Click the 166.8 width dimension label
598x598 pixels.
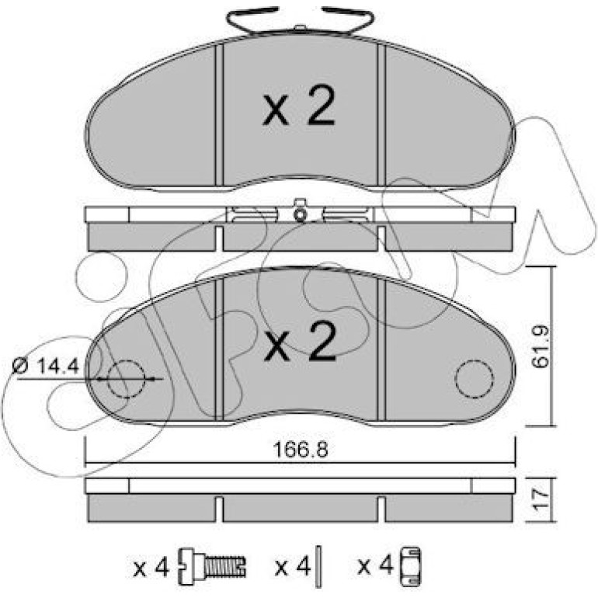301,450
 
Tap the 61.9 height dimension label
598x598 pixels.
541,346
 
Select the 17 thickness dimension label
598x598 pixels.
541,499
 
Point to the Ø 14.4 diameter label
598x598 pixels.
45,367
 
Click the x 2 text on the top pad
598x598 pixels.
299,106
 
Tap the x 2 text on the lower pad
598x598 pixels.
301,341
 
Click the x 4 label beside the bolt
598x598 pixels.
151,569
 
